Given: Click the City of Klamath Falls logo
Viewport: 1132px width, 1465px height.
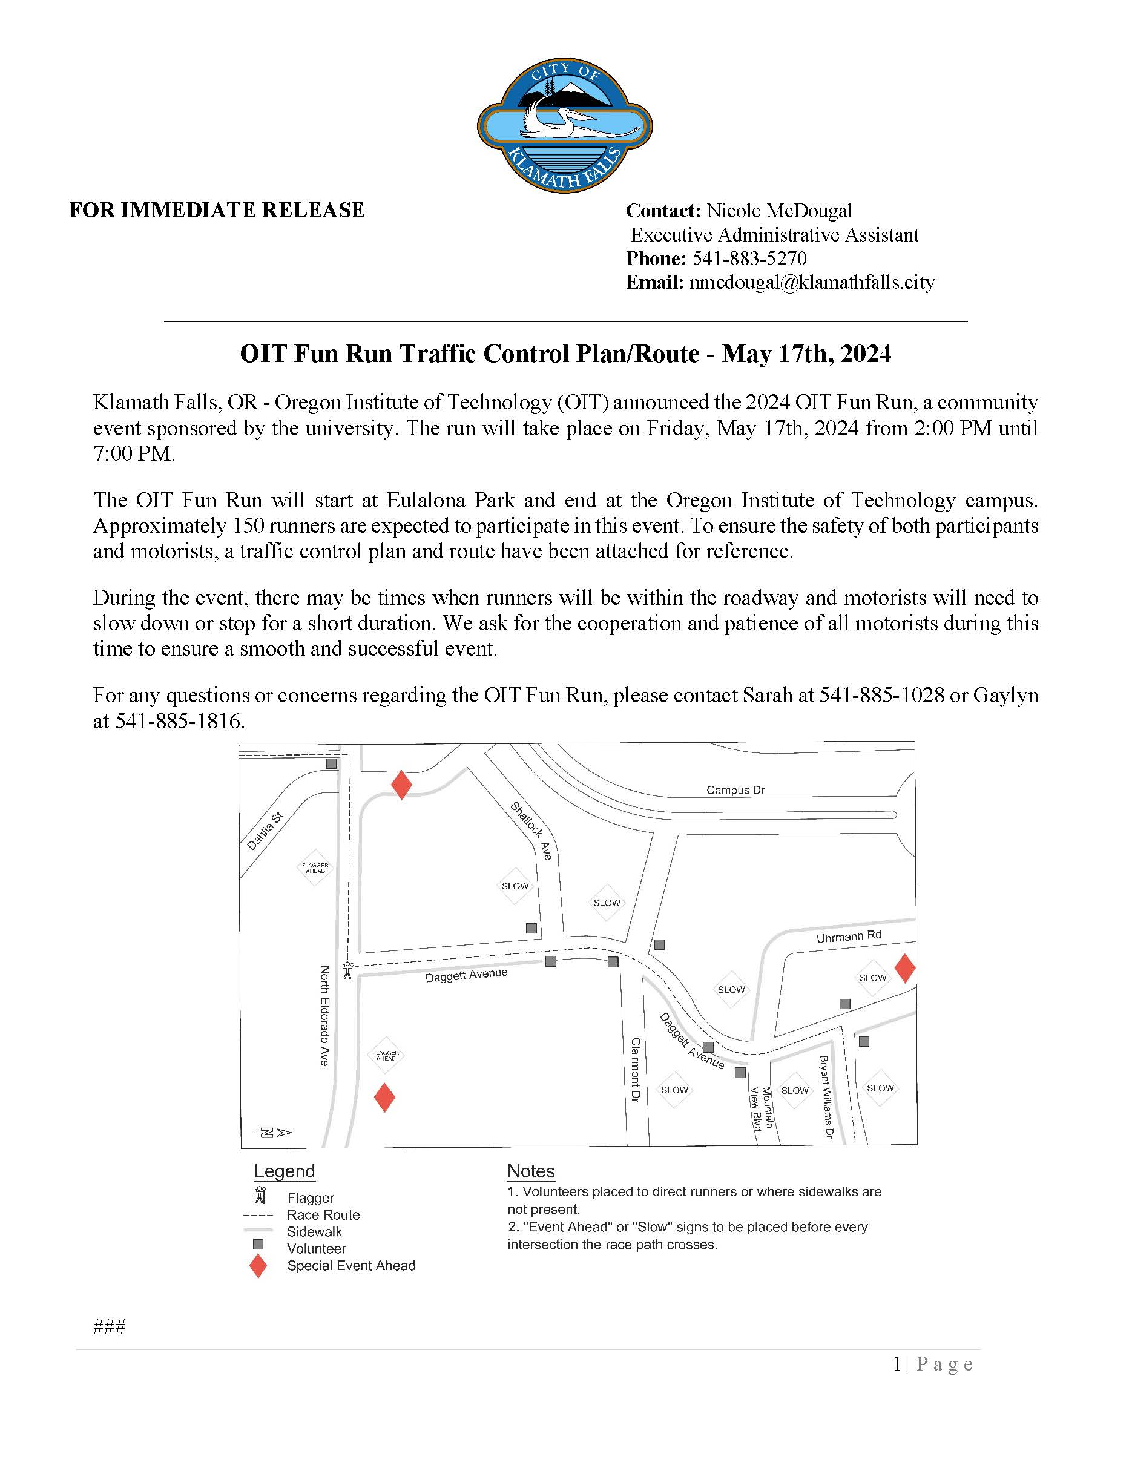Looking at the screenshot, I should [565, 125].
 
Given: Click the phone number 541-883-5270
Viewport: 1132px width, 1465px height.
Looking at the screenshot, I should [748, 258].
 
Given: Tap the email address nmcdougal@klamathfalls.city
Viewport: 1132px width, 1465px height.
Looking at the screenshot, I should [811, 282].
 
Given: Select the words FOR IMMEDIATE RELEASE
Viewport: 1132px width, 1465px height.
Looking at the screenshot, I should [217, 210].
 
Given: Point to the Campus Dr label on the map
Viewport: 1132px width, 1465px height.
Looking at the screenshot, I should [735, 790].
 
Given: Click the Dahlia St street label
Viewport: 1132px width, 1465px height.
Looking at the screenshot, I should [265, 831].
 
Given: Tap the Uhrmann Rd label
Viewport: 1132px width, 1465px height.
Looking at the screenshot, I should [848, 936].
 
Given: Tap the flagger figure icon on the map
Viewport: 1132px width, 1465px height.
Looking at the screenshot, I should [347, 970].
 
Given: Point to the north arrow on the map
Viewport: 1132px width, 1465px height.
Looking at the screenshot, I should [273, 1133].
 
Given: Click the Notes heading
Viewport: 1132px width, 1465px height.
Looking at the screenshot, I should [530, 1171].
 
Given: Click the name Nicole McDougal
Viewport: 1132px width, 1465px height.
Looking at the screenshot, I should [779, 211].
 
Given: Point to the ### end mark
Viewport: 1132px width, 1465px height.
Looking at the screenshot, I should [110, 1327].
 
